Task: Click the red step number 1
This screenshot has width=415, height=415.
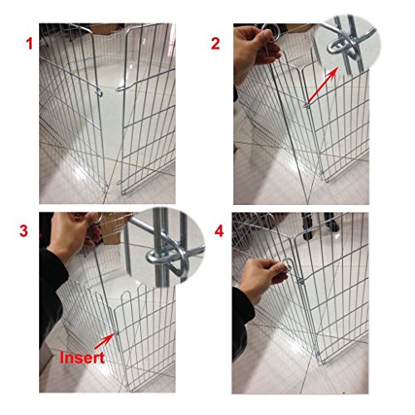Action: [29, 44]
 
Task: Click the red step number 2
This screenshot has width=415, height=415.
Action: [215, 44]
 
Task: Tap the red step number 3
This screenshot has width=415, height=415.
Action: [24, 231]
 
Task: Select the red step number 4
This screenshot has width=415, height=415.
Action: [219, 231]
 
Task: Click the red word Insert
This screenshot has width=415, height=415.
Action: [82, 357]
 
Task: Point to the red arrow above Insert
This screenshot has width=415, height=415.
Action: [104, 341]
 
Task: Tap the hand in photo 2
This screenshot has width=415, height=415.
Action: [256, 52]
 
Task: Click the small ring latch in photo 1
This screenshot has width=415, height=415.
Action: [100, 93]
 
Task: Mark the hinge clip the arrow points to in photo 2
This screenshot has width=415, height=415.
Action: [307, 105]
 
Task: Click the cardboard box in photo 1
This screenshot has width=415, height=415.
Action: [106, 28]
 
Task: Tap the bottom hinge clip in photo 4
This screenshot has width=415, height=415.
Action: [318, 354]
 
